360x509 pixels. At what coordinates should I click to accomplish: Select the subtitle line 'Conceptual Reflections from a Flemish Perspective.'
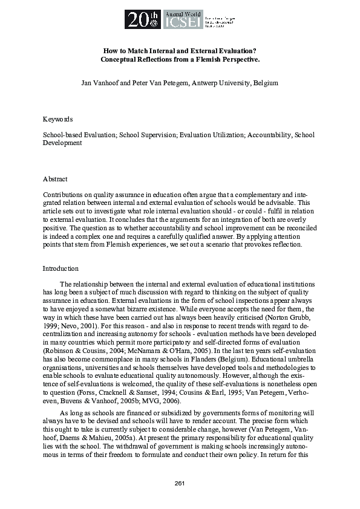180,60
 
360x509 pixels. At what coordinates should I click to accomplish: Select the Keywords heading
57,119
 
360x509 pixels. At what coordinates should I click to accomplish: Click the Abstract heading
55,179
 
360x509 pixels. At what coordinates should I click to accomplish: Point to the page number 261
180,482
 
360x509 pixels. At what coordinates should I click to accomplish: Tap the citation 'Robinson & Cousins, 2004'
79,350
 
